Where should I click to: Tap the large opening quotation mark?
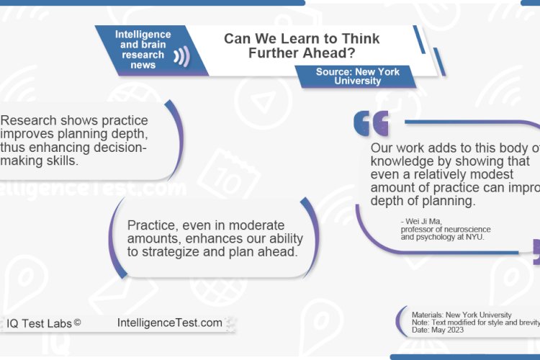pyautogui.click(x=371, y=124)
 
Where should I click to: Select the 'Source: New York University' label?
pyautogui.click(x=357, y=76)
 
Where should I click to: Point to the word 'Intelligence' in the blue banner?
pyautogui.click(x=143, y=35)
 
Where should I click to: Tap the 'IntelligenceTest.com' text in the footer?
pyautogui.click(x=169, y=323)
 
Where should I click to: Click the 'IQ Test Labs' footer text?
pyautogui.click(x=40, y=323)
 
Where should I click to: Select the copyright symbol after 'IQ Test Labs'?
pyautogui.click(x=77, y=323)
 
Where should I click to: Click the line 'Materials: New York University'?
pyautogui.click(x=462, y=315)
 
